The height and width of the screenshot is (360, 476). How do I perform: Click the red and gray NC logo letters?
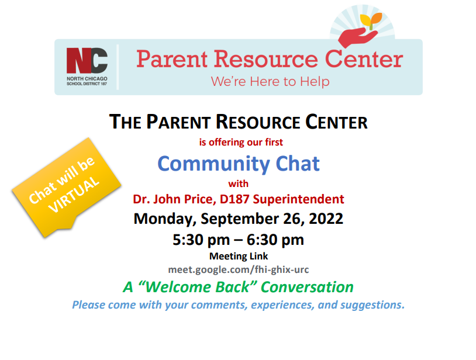[87, 60]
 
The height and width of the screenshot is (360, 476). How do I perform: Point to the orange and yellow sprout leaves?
[371, 20]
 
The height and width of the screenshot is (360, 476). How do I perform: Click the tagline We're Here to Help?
[270, 82]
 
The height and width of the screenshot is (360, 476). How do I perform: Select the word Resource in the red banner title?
[266, 59]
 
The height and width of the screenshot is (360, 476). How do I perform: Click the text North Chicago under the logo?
[87, 78]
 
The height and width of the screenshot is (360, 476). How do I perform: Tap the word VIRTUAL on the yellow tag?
[74, 195]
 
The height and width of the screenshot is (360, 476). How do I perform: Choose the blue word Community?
[213, 164]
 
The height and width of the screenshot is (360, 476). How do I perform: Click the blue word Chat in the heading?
[298, 164]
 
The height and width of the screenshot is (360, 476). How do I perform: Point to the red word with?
[239, 184]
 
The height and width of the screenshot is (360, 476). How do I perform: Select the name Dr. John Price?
[174, 199]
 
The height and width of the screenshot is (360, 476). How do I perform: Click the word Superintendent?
[298, 199]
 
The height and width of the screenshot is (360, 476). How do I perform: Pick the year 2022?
[326, 219]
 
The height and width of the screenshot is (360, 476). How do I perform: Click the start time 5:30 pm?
[201, 240]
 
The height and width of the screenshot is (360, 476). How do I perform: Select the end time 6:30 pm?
[275, 240]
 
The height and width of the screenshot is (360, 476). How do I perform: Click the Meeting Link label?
[239, 257]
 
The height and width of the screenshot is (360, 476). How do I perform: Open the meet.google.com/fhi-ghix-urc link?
[239, 269]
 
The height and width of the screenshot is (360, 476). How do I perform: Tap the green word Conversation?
[307, 287]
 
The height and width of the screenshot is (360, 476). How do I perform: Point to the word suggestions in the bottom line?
[372, 305]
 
